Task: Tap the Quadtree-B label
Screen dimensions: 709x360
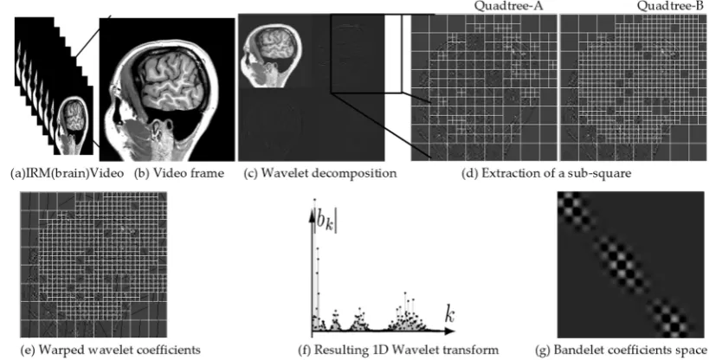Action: (672, 6)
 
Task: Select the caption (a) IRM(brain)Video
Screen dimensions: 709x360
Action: (67, 174)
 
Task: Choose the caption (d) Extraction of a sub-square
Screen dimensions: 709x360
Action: (545, 174)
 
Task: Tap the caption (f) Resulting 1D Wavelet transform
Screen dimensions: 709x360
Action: (399, 350)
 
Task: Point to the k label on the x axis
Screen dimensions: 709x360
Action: (448, 314)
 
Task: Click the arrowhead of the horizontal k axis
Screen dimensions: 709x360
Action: (450, 331)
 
